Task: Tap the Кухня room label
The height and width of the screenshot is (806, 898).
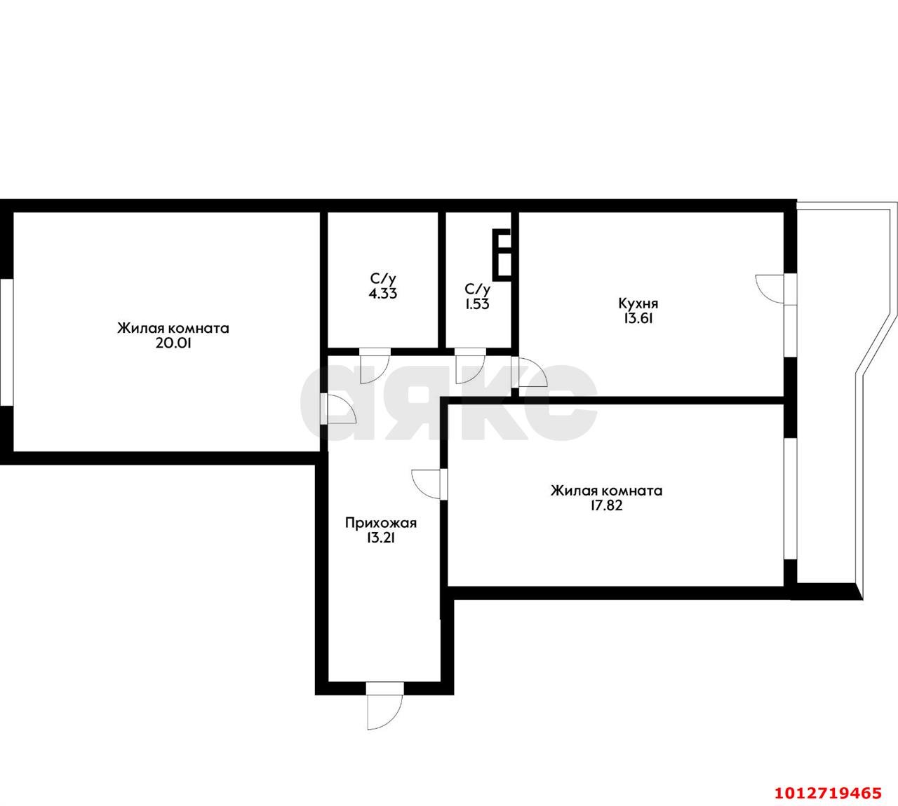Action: pos(638,303)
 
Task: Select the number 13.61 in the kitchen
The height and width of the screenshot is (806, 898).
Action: pos(638,319)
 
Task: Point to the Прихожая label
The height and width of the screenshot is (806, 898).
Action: pos(381,524)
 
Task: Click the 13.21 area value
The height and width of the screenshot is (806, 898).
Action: pos(381,538)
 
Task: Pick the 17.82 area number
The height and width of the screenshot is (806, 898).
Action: pos(606,506)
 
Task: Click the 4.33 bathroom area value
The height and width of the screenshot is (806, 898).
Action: pos(383,294)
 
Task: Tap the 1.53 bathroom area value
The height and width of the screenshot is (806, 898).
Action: pos(477,305)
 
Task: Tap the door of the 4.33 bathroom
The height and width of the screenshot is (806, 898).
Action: pos(375,366)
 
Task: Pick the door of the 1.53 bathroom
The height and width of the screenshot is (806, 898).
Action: pos(471,366)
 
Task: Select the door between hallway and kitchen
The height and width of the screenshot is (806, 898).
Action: pos(529,372)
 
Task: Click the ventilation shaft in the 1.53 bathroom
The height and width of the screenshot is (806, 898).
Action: pos(502,254)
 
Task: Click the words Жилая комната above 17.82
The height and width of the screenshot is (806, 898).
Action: pos(606,491)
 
